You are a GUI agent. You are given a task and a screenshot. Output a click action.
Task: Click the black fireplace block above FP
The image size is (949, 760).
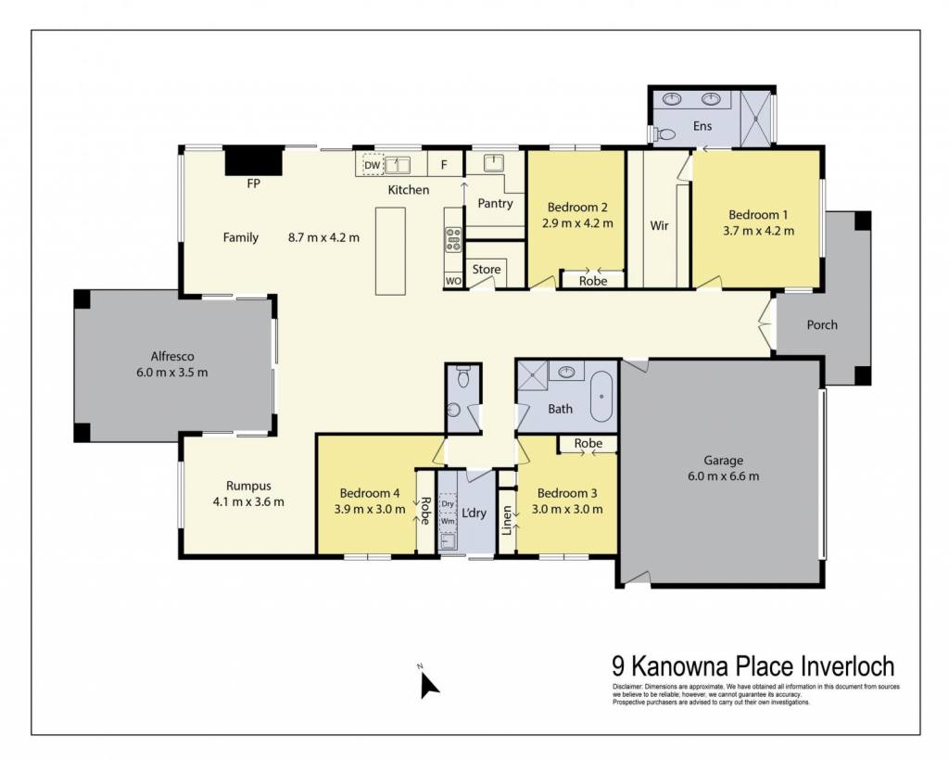tap(254, 161)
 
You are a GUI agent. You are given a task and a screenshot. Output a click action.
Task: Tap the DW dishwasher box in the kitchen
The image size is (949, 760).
tap(373, 165)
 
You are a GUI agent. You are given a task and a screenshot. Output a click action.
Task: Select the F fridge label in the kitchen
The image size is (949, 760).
tap(444, 165)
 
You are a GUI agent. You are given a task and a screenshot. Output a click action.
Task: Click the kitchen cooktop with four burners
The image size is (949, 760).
tap(453, 239)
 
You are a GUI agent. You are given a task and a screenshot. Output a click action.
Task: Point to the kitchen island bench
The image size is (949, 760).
tap(390, 251)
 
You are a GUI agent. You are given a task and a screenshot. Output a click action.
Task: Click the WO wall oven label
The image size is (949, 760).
tap(453, 281)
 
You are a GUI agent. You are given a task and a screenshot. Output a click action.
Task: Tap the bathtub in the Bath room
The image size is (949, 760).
tap(601, 397)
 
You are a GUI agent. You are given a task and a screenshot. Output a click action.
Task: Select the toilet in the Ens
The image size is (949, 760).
tap(664, 134)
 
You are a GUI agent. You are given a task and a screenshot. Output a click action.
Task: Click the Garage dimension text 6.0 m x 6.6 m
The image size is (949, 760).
tap(723, 476)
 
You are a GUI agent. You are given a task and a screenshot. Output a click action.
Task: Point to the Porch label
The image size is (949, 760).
tap(822, 325)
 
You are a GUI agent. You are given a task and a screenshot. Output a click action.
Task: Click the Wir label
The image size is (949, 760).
tap(659, 226)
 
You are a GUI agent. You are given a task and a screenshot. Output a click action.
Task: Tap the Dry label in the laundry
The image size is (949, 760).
tap(448, 503)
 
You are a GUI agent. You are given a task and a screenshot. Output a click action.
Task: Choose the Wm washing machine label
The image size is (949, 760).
tap(448, 521)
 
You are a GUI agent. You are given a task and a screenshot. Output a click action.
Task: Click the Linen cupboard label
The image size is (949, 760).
tap(507, 520)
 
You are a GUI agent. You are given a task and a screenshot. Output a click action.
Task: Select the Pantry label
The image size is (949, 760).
tap(495, 204)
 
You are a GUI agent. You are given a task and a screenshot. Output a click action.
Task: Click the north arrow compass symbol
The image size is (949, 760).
tap(428, 685)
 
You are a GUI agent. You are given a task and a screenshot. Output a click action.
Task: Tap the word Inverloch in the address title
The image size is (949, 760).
tap(848, 666)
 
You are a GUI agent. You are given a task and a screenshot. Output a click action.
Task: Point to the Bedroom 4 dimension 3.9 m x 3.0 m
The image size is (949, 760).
tap(370, 510)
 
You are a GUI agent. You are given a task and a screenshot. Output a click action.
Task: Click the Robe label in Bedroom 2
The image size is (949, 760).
tap(593, 282)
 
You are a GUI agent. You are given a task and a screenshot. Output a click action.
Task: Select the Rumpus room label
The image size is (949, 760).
tap(248, 486)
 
